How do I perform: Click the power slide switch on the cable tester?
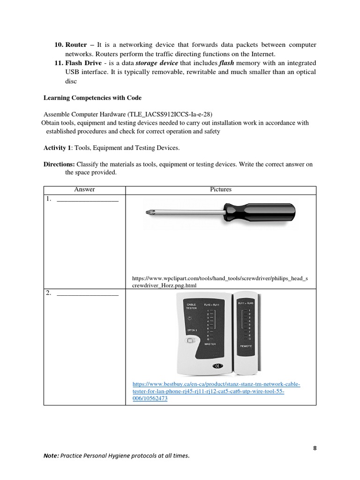(190, 342)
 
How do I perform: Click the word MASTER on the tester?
(210, 344)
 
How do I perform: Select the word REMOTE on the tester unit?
(246, 345)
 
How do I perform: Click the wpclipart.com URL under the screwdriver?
(220, 281)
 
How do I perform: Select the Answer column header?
(84, 189)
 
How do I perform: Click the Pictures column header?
(221, 189)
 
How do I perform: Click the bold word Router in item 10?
(76, 45)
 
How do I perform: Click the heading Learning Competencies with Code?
(92, 98)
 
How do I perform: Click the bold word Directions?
(59, 165)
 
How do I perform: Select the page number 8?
(315, 448)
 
